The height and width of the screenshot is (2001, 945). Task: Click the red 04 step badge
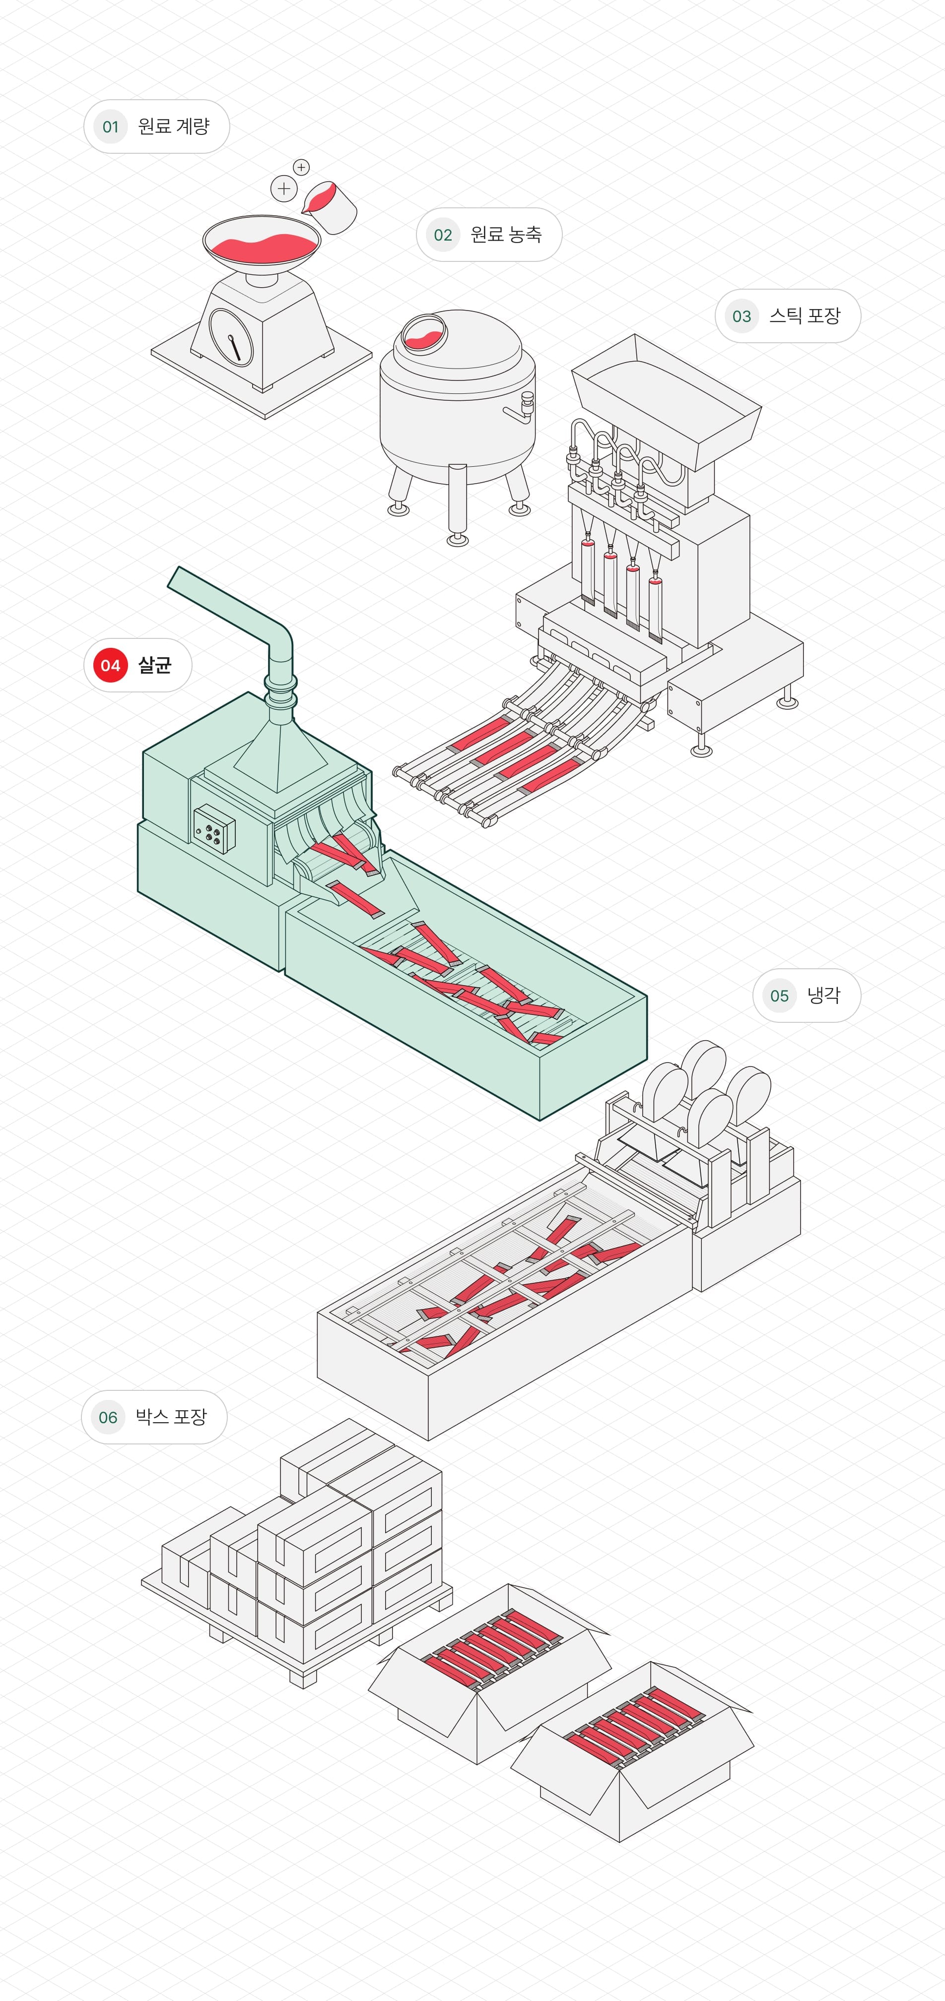(110, 666)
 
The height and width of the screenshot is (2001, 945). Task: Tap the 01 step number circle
(110, 126)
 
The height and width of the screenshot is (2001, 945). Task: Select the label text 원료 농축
(506, 235)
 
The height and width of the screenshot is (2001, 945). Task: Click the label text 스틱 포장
(805, 316)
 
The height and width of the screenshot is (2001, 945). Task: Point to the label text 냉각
(823, 995)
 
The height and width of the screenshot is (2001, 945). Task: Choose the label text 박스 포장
(171, 1417)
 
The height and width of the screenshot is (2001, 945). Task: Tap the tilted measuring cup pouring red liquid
(330, 207)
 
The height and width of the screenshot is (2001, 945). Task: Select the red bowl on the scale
(262, 243)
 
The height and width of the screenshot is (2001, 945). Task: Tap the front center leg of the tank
(457, 501)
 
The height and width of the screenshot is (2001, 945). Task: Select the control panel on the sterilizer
(214, 829)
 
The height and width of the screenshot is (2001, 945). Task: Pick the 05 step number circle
(779, 996)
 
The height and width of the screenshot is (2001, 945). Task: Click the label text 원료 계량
(173, 126)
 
